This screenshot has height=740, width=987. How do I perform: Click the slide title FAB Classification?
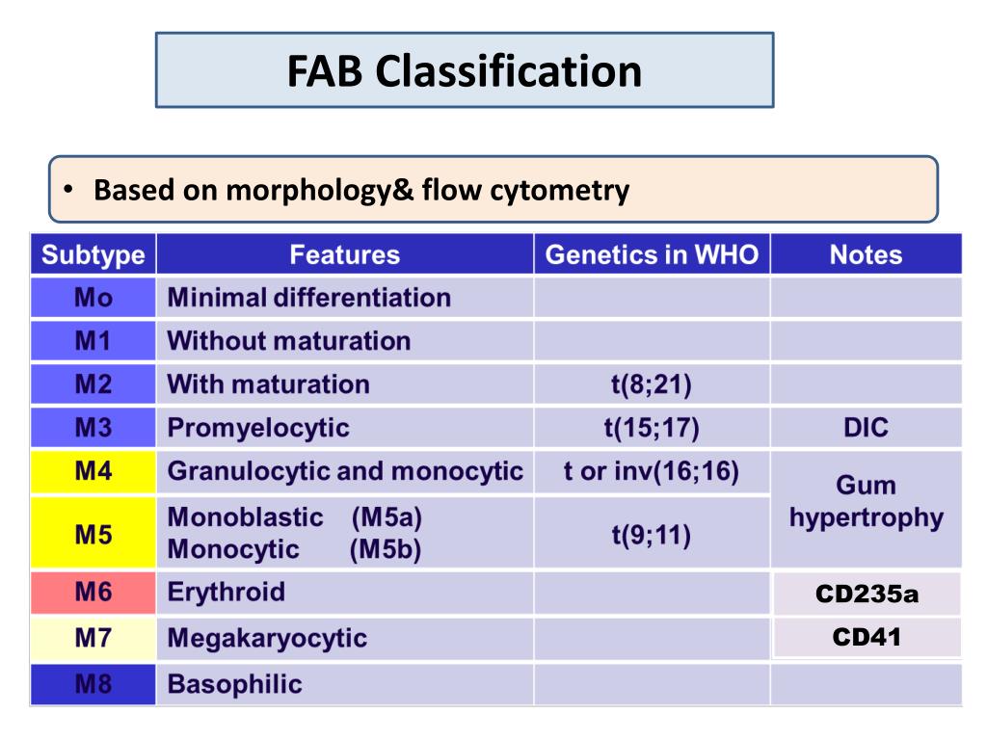[465, 71]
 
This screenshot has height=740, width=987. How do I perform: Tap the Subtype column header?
[93, 255]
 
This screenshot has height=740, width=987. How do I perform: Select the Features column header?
[344, 255]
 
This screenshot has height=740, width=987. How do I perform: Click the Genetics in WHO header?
[652, 255]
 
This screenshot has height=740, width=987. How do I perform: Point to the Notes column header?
[866, 255]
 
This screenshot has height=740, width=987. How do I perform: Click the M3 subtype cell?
[93, 427]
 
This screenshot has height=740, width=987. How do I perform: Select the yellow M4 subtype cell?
[93, 471]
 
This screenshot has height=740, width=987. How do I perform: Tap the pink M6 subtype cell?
[93, 592]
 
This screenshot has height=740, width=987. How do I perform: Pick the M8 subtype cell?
[93, 685]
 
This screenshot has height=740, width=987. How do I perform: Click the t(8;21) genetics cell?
[652, 384]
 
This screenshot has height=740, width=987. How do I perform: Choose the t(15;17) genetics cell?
[652, 427]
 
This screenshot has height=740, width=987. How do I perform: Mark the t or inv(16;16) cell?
[652, 471]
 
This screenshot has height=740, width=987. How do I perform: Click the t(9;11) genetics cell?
[652, 533]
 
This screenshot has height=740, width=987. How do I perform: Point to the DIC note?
[866, 427]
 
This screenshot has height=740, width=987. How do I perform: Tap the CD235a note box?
[867, 594]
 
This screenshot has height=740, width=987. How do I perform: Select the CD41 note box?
[867, 637]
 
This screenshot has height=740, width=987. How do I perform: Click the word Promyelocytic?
[258, 427]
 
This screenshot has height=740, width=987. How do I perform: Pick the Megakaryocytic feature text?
[267, 638]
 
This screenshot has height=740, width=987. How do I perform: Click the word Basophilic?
[234, 685]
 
